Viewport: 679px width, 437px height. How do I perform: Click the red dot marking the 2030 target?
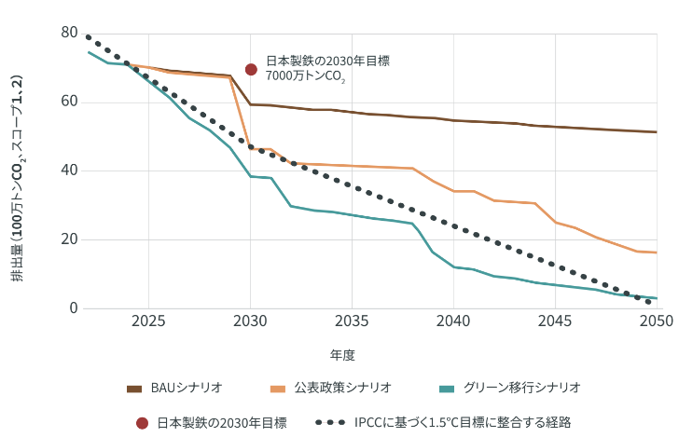[251, 69]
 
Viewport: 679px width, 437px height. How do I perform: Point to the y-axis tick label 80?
[68, 33]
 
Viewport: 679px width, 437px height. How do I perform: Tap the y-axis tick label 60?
[68, 102]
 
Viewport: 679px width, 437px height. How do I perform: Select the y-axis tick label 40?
[68, 171]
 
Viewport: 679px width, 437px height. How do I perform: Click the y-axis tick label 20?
[68, 239]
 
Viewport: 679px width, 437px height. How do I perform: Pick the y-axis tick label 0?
[73, 308]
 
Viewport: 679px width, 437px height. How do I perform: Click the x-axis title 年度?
[342, 355]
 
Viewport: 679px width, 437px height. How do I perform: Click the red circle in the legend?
[142, 423]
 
